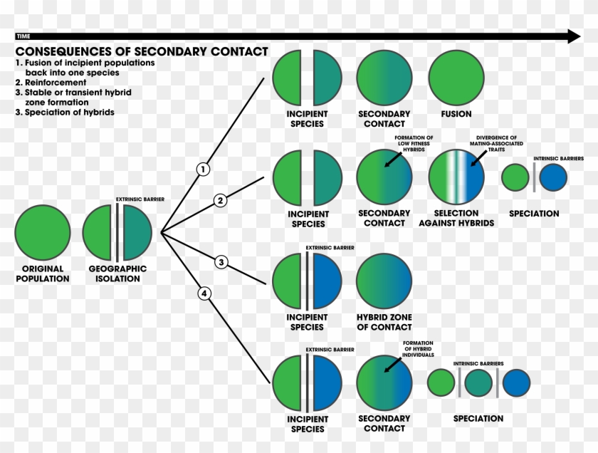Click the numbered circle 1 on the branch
[204, 170]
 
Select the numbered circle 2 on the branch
[221, 200]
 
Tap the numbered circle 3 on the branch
[221, 263]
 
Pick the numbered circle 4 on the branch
[204, 293]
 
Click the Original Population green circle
[43, 232]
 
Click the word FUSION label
[456, 114]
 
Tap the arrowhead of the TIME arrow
[574, 36]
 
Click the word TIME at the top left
[23, 36]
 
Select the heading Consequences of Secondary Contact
[142, 51]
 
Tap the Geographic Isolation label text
[117, 274]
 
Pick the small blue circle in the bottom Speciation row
[517, 383]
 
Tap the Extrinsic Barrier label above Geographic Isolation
[140, 199]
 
